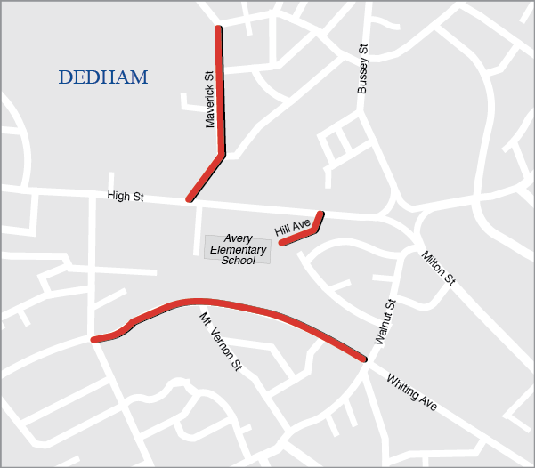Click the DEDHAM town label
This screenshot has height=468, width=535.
(103, 78)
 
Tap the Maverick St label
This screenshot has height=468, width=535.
(211, 100)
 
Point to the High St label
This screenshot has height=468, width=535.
(126, 196)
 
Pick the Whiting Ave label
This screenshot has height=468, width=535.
(411, 392)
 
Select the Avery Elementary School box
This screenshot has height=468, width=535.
(238, 250)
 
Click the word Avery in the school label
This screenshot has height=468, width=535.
(238, 239)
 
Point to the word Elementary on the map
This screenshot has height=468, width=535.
(238, 250)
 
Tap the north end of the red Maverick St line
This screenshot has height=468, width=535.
(218, 28)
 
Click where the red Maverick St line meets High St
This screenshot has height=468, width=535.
(189, 199)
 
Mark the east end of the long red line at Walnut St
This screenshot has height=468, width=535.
(364, 359)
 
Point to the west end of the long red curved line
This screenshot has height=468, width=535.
(93, 339)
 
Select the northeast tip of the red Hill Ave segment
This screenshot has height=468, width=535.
(320, 214)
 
